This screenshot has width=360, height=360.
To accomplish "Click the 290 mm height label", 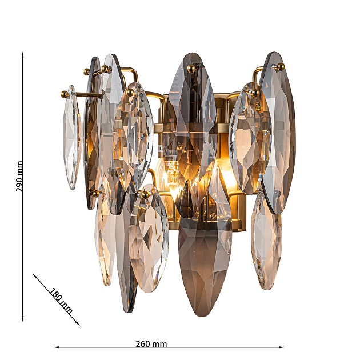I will click(20, 176).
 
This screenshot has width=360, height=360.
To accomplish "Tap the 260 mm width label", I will click(151, 344).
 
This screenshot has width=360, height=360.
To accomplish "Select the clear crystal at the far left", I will click(71, 137).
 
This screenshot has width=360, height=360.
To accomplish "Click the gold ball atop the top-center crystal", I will click(192, 69).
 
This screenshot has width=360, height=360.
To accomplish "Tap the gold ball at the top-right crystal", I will click(279, 67).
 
